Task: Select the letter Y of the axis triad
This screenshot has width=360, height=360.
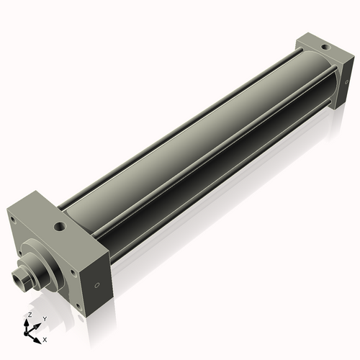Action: coord(44,319)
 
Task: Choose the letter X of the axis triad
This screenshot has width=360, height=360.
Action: coord(45,338)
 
